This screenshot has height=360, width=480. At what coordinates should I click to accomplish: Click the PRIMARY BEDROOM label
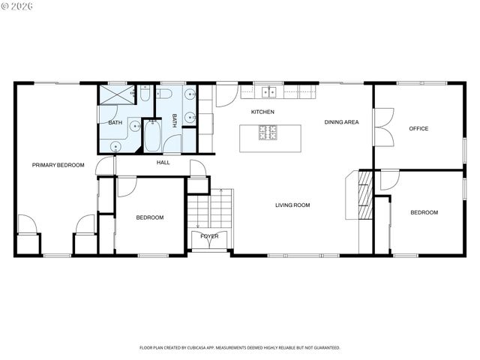point(58,165)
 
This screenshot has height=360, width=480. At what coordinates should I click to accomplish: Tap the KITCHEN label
point(262,112)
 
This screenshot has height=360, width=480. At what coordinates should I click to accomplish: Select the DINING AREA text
point(341,122)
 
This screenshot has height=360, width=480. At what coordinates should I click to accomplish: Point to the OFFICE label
point(418,129)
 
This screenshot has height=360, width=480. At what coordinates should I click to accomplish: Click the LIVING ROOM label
point(292,205)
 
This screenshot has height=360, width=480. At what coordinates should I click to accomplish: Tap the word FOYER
point(209,236)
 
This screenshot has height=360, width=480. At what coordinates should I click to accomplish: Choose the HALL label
point(163,162)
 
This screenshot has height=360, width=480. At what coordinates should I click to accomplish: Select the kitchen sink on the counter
point(268,92)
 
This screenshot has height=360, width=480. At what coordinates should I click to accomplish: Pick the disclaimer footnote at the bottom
point(240,347)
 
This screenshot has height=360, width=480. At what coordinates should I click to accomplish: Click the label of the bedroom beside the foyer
point(150,217)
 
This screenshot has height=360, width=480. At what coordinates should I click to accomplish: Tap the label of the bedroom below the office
point(424,213)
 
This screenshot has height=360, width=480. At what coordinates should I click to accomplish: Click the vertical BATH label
point(175,121)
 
